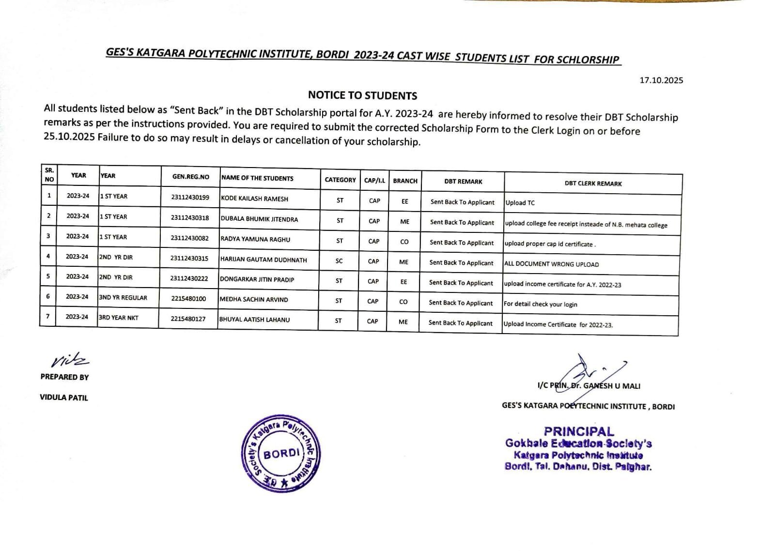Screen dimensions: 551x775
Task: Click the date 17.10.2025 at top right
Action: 661,80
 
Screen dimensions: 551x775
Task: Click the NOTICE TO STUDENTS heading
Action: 362,95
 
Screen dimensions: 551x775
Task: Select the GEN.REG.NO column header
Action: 191,177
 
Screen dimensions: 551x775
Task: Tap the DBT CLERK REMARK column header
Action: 593,184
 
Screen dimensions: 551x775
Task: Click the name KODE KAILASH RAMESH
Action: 254,199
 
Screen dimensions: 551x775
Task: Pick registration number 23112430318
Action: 190,218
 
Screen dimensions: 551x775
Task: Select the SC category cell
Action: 339,261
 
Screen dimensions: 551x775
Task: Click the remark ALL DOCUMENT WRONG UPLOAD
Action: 551,264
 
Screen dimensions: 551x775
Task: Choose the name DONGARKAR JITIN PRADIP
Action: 257,279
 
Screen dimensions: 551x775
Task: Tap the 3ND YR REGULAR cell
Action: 123,298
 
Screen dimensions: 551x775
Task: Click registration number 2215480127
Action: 188,319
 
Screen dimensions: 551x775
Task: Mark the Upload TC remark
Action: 520,203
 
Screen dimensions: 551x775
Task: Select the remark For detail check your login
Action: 540,304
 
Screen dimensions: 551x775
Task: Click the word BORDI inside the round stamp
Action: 281,454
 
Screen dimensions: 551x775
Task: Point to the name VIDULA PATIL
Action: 64,398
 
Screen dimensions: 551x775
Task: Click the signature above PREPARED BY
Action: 70,361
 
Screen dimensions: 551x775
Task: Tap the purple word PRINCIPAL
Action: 579,431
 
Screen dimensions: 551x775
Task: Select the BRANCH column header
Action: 405,181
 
